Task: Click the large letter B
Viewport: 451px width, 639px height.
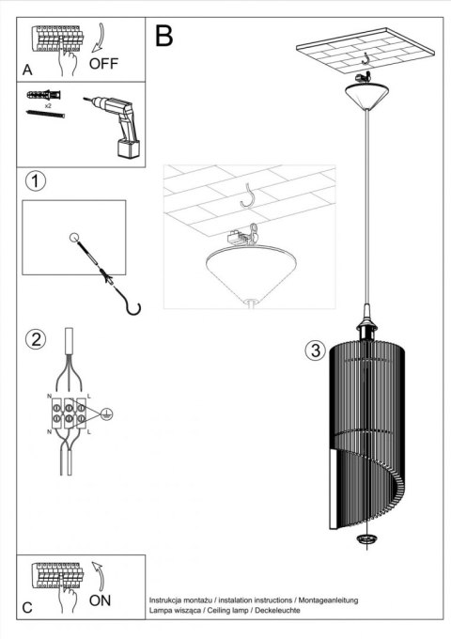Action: click(x=163, y=37)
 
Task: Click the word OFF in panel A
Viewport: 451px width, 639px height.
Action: click(x=103, y=64)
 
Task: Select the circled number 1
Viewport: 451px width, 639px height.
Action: click(x=35, y=181)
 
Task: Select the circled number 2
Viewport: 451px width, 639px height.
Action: click(x=35, y=339)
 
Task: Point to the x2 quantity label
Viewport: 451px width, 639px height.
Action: click(x=47, y=106)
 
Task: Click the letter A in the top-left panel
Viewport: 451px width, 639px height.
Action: click(x=28, y=69)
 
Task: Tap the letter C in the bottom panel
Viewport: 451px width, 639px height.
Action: click(x=28, y=607)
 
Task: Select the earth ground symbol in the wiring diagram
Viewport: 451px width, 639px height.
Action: click(x=107, y=412)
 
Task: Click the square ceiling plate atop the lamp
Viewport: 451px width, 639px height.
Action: click(x=362, y=56)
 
